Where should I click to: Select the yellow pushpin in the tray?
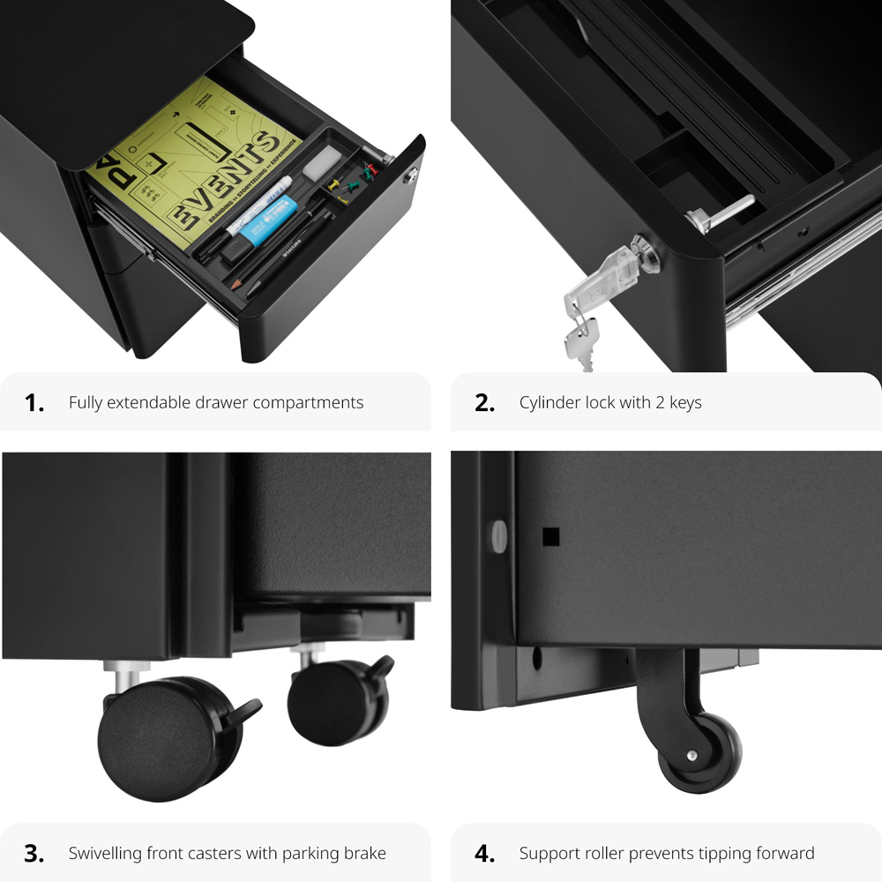click(x=333, y=186)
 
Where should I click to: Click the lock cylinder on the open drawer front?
click(x=409, y=179)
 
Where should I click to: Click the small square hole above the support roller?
click(x=551, y=535)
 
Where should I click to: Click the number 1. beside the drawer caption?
click(x=34, y=403)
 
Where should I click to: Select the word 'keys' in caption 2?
click(x=685, y=403)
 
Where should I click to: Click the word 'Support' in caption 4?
click(x=549, y=853)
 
